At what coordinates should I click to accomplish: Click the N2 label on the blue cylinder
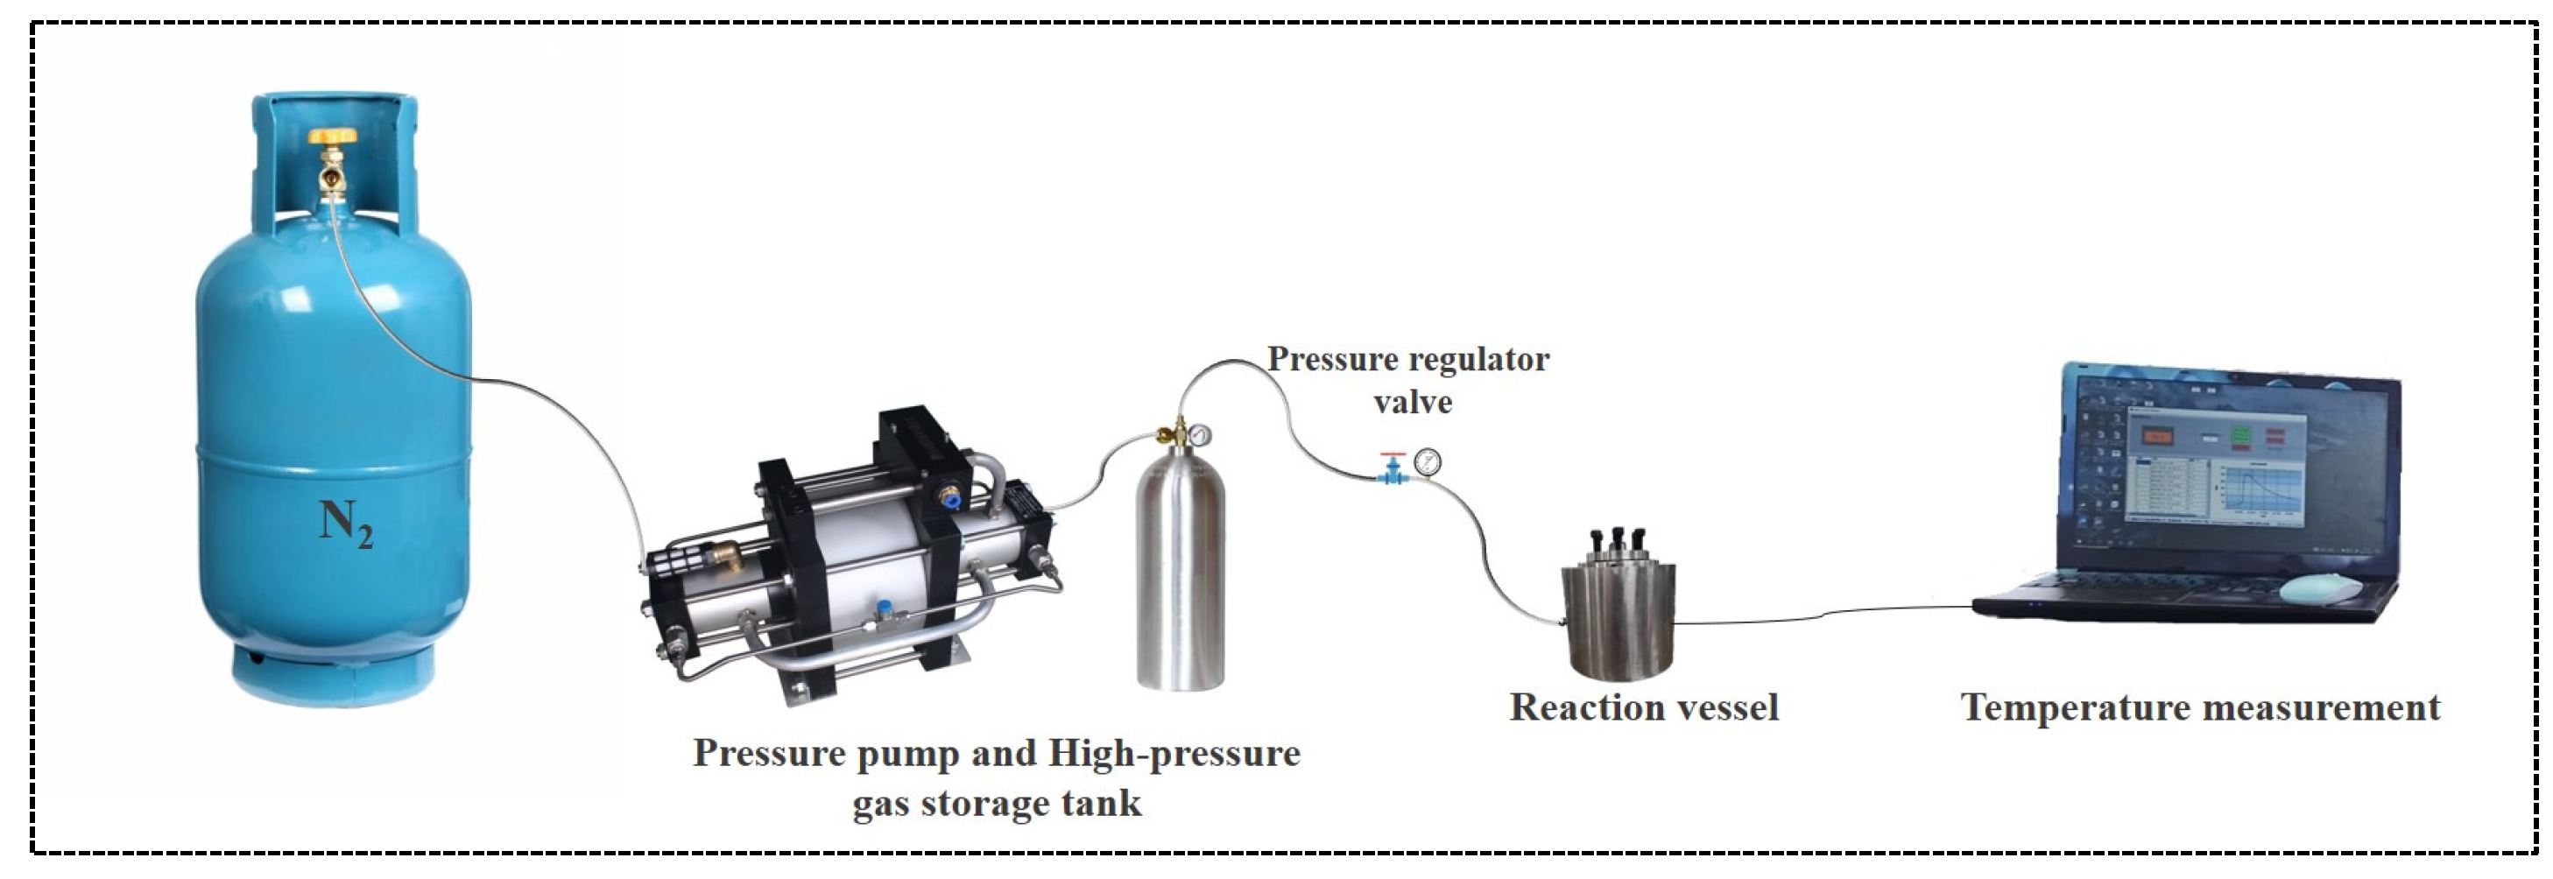coord(345,523)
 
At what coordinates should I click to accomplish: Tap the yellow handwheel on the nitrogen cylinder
coord(332,136)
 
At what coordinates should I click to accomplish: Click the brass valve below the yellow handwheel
coord(332,176)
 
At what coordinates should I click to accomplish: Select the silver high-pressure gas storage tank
coord(1180,570)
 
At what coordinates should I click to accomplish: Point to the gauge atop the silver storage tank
coord(1199,434)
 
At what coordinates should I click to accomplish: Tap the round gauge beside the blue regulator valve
coord(1428,461)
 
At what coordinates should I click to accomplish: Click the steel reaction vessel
coord(1618,615)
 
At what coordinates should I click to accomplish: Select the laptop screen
coord(2230,466)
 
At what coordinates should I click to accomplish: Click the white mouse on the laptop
coord(2320,588)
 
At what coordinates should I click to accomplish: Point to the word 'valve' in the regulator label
coord(1413,403)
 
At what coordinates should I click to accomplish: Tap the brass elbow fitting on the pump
coord(731,557)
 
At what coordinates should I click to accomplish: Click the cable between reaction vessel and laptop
coord(1823,615)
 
